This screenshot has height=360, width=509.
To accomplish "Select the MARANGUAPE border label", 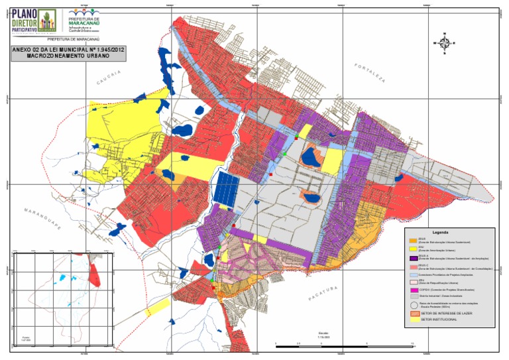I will pyautogui.click(x=43, y=219).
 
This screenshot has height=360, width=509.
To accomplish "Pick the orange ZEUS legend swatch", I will pyautogui.click(x=413, y=241).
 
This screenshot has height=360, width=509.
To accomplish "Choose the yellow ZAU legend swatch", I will pyautogui.click(x=413, y=248).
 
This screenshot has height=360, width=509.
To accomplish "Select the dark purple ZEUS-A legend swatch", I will pyautogui.click(x=413, y=257).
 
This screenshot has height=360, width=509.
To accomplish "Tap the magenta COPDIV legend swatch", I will pyautogui.click(x=413, y=290).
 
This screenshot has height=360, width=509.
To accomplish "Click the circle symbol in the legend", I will pyautogui.click(x=413, y=305).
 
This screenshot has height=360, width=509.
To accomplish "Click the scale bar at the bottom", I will pyautogui.click(x=344, y=345).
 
